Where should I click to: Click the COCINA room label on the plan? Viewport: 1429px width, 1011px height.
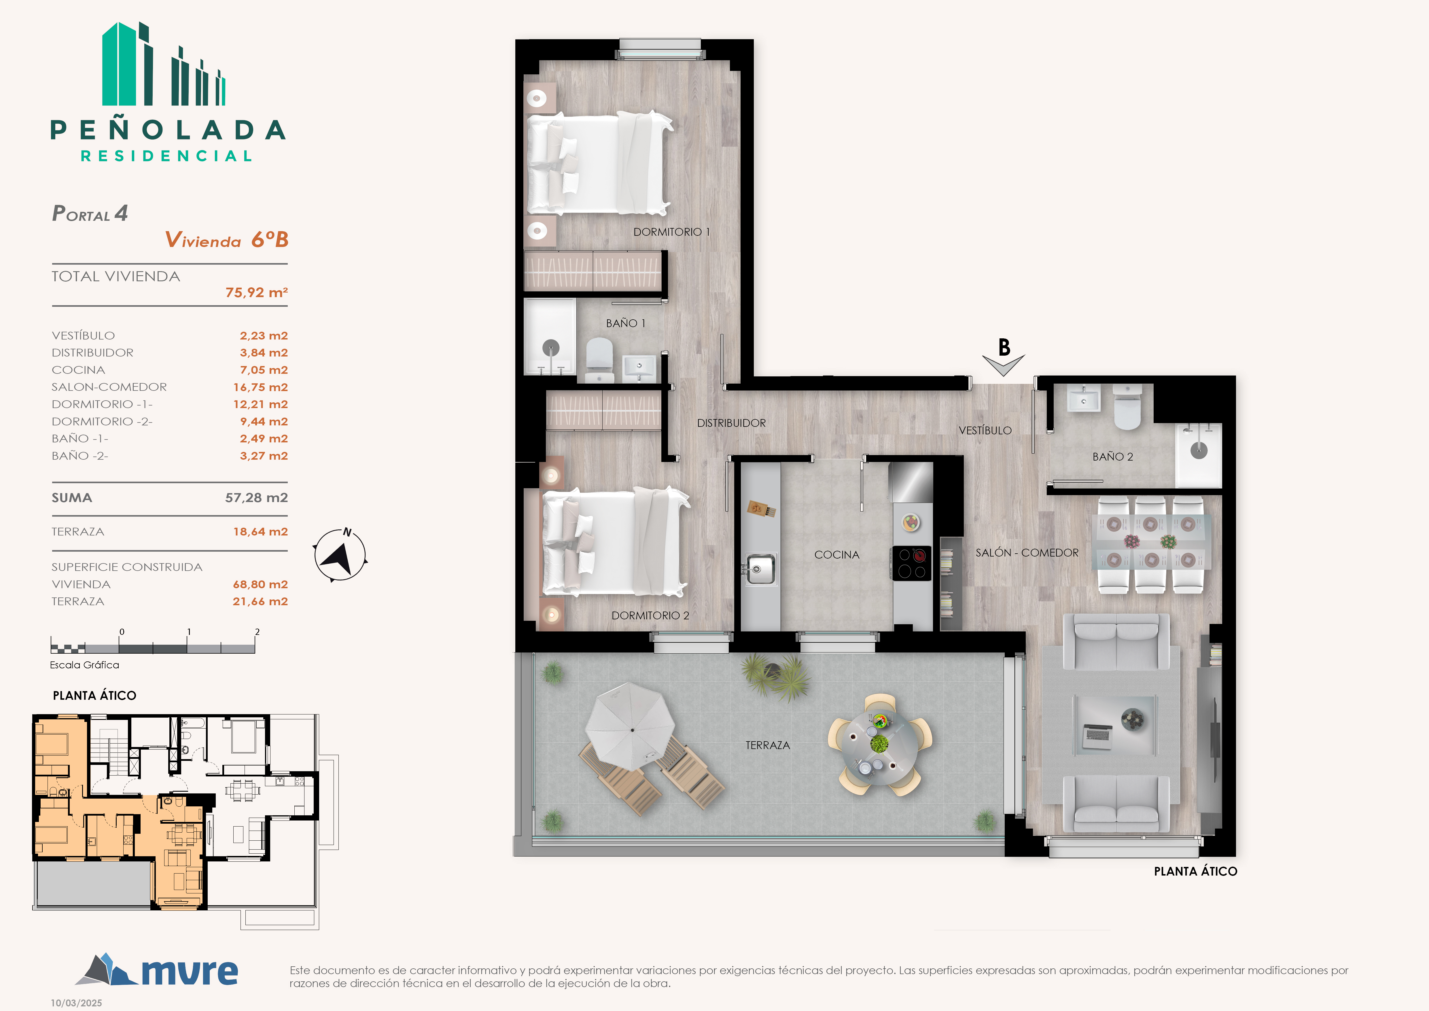pos(836,555)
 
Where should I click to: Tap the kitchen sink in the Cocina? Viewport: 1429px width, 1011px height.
pos(760,568)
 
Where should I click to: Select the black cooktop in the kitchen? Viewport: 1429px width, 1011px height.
pos(912,563)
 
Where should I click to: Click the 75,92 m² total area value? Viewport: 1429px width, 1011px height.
pos(256,292)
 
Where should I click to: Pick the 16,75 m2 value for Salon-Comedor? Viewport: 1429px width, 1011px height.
pos(260,387)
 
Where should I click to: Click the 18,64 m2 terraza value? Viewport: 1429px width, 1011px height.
pos(260,532)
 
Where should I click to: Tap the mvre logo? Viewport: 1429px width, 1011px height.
pos(157,970)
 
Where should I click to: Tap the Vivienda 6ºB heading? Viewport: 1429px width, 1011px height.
pos(226,240)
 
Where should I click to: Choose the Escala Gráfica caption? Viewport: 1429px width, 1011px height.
pos(85,665)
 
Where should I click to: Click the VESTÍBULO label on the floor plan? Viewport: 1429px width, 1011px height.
pos(985,430)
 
